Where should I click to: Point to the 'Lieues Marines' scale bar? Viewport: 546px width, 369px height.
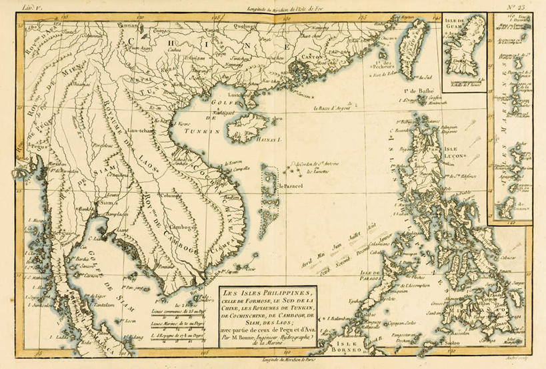[169, 321]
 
